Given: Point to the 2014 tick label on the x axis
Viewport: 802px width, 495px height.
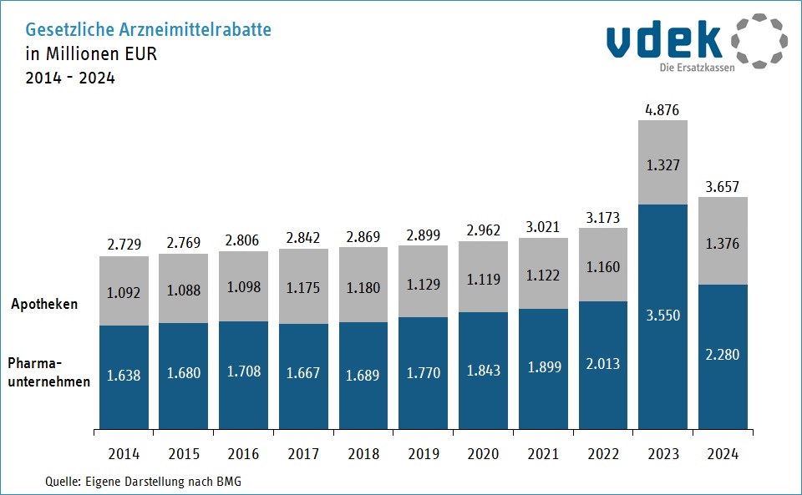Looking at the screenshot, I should pyautogui.click(x=124, y=454).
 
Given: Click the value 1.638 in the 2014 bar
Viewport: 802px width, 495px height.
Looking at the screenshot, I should pyautogui.click(x=124, y=375).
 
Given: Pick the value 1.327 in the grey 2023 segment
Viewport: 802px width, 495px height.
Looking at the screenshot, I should pyautogui.click(x=662, y=165).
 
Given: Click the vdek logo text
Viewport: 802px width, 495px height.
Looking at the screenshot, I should pyautogui.click(x=665, y=38).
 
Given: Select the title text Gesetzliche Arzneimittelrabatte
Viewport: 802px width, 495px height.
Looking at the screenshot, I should pyautogui.click(x=149, y=30).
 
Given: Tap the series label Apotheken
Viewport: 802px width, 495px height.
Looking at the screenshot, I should pyautogui.click(x=44, y=304).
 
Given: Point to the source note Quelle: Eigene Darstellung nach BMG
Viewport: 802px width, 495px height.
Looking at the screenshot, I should pyautogui.click(x=143, y=482).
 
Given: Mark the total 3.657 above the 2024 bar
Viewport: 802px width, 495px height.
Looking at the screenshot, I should pyautogui.click(x=722, y=185).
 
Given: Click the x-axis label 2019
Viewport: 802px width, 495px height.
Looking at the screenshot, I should pyautogui.click(x=423, y=454).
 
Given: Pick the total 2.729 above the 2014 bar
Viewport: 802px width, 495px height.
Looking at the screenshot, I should pyautogui.click(x=124, y=244).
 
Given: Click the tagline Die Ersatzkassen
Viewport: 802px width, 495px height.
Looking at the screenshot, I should pyautogui.click(x=697, y=68).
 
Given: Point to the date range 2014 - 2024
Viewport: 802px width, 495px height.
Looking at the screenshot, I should pyautogui.click(x=70, y=78).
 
